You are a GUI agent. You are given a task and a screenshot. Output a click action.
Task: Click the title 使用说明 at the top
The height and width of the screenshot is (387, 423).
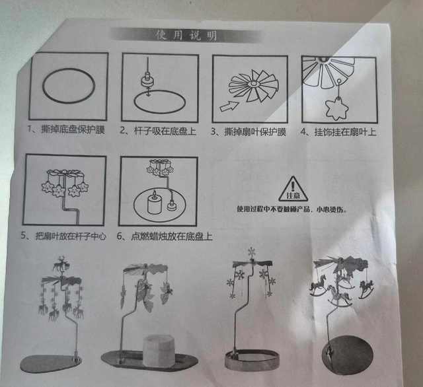pyautogui.click(x=186, y=35)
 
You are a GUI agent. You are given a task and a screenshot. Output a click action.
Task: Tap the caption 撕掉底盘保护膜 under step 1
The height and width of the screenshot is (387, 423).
pyautogui.click(x=73, y=129)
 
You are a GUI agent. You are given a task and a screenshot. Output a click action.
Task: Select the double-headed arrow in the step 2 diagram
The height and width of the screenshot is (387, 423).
pyautogui.click(x=148, y=91)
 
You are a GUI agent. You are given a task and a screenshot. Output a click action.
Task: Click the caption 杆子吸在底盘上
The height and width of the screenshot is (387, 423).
pyautogui.click(x=165, y=131)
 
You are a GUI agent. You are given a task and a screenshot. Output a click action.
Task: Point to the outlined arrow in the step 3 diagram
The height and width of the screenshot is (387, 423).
pyautogui.click(x=229, y=106)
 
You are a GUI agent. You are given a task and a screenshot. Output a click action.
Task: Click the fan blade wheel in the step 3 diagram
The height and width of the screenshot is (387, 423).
pyautogui.click(x=253, y=87)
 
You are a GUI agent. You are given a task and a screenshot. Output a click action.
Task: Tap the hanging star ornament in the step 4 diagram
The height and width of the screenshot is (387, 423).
pyautogui.click(x=337, y=109)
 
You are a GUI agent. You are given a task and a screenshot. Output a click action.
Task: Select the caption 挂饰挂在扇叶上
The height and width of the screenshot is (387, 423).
pyautogui.click(x=345, y=132)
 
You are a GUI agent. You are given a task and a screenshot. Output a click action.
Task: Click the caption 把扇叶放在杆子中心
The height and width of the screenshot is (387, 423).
pyautogui.click(x=71, y=236)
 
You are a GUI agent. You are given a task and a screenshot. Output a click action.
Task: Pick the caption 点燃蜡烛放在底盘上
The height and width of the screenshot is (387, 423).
pyautogui.click(x=172, y=236)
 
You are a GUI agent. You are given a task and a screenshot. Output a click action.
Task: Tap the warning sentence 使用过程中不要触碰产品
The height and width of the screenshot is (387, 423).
pyautogui.click(x=273, y=209)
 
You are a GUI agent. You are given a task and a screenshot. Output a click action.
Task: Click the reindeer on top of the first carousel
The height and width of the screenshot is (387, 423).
pyautogui.click(x=60, y=264)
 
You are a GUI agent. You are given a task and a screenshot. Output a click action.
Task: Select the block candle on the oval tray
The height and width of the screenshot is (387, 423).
pyautogui.click(x=159, y=351)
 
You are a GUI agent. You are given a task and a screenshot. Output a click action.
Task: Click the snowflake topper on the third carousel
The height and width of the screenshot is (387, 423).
pyautogui.click(x=251, y=252)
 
